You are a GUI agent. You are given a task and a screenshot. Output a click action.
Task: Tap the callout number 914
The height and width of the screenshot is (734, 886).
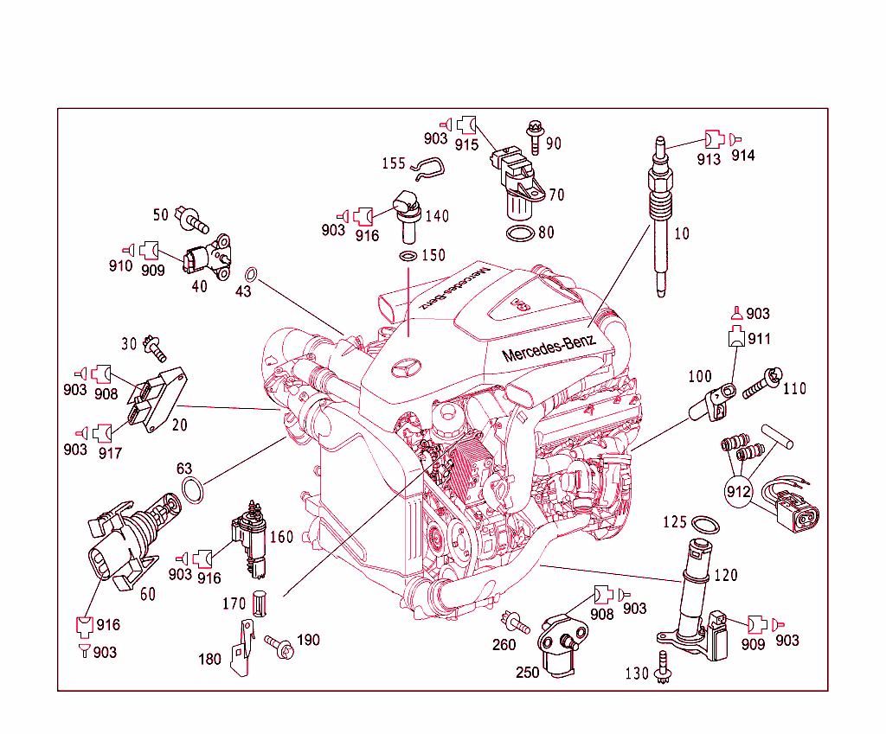coord(742,156)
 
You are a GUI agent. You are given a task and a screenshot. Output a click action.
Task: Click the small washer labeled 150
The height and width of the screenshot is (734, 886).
coord(408,257)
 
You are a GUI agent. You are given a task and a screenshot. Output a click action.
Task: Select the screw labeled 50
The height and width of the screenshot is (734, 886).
coord(191,220)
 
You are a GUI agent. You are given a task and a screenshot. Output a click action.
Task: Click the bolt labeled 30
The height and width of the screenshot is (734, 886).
coord(157,347)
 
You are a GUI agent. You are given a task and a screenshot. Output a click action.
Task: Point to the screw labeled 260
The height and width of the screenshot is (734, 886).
coord(516,620)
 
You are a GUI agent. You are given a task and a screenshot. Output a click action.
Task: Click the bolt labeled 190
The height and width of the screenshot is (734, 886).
coord(279,645)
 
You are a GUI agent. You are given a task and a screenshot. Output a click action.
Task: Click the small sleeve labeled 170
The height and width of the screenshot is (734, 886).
coord(257,603)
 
